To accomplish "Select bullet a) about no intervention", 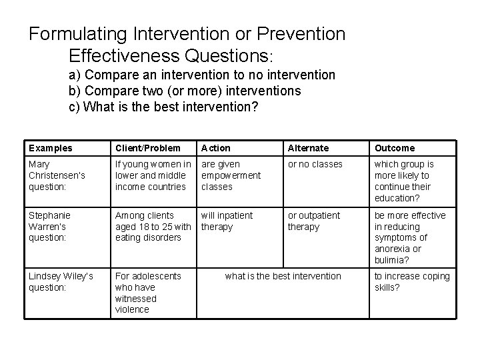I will pos(202,75).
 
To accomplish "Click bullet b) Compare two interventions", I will pos(185,90).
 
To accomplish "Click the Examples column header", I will pos(50,148).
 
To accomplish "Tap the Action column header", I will pos(216,148).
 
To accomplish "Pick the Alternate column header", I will pos(308,148).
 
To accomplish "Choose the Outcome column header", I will pos(394,148).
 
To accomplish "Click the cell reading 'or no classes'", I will pos(315,164).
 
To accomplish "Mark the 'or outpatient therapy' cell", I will pos(313,221).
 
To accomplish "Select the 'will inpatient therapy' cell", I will pos(227,221).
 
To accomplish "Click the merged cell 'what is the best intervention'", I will pos(283,276).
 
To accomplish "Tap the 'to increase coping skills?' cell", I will pos(411,282).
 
